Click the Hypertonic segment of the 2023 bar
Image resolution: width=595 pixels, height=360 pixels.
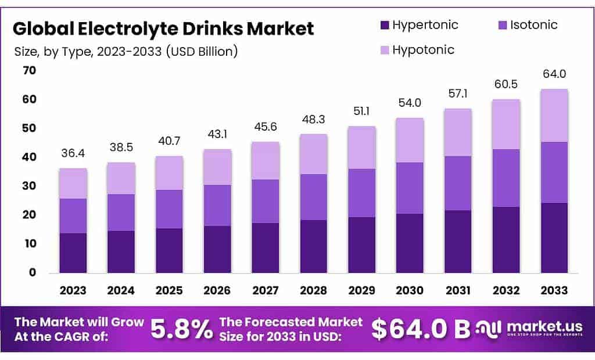tap(73, 253)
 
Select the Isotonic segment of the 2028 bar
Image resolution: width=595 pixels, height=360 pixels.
tap(314, 197)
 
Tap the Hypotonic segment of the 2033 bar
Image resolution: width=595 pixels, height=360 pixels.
tap(554, 115)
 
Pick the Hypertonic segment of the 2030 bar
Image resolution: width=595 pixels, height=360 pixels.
tap(410, 243)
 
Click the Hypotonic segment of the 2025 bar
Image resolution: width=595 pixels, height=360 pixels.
tap(169, 172)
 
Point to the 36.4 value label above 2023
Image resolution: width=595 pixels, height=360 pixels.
tap(73, 153)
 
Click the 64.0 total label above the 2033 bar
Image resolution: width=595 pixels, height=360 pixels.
tap(554, 74)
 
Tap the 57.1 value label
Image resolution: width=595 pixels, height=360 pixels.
tap(457, 93)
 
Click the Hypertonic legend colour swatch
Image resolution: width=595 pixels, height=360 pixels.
tap(385, 25)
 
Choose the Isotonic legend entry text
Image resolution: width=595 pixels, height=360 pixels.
tap(533, 25)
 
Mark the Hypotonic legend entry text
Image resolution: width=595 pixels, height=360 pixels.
tap(423, 50)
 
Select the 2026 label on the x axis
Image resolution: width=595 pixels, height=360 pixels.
tap(217, 290)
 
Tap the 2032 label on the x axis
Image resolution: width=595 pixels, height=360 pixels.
tap(506, 290)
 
